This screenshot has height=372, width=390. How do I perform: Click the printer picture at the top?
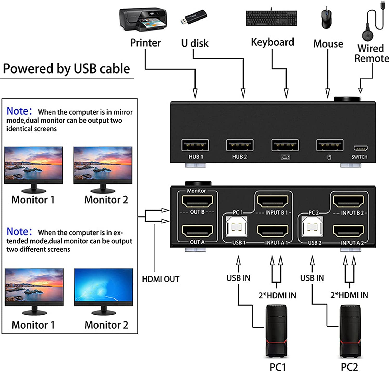pyautogui.click(x=142, y=20)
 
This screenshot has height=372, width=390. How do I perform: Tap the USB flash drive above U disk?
pyautogui.click(x=193, y=17)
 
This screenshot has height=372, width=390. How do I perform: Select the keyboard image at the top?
pyautogui.click(x=271, y=18)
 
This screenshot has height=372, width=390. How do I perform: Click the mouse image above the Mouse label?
pyautogui.click(x=327, y=20)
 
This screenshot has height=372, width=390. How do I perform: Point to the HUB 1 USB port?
pyautogui.click(x=195, y=145)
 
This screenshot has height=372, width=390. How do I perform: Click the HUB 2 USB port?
pyautogui.click(x=240, y=145)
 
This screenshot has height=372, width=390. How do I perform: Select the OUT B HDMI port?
pyautogui.click(x=197, y=201)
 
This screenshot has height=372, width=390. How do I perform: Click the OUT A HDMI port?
pyautogui.click(x=197, y=231)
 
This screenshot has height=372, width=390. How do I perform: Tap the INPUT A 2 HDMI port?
pyautogui.click(x=348, y=231)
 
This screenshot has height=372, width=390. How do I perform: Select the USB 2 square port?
pyautogui.click(x=312, y=227)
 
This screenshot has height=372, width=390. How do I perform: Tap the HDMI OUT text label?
pyautogui.click(x=161, y=279)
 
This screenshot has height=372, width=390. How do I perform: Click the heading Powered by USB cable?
pyautogui.click(x=67, y=69)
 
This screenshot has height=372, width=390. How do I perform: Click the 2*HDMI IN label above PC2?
pyautogui.click(x=349, y=295)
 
